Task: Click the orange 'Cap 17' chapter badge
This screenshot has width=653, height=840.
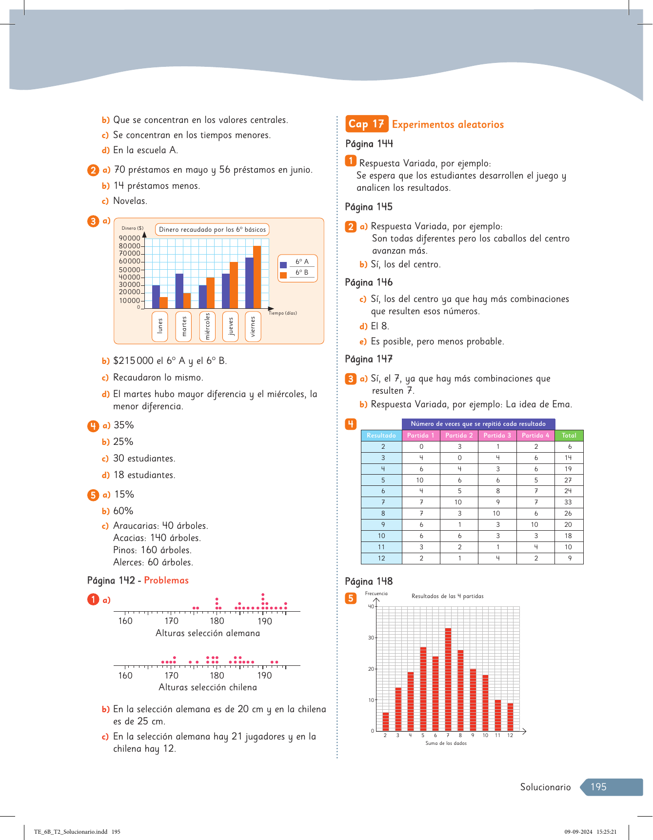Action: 366,124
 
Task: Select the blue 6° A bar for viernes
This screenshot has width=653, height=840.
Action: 249,283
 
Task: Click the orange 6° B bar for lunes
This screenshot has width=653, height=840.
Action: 164,302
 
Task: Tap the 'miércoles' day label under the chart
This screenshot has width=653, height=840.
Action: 207,326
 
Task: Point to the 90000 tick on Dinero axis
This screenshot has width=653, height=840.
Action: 130,238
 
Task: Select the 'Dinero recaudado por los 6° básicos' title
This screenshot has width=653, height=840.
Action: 212,229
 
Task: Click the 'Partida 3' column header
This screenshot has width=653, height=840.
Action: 497,435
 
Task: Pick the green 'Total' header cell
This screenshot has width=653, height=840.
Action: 569,435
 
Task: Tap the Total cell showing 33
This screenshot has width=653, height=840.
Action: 568,502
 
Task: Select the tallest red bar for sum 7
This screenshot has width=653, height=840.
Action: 448,679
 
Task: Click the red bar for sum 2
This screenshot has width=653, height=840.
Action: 386,721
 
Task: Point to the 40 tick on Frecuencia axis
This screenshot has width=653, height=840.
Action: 371,606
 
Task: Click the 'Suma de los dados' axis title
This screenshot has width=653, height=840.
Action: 446,743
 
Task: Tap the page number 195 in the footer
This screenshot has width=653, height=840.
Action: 598,787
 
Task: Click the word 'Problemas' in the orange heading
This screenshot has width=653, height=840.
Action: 166,580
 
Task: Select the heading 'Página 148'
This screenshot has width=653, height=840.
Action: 369,581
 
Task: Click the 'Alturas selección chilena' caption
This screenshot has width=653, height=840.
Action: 208,687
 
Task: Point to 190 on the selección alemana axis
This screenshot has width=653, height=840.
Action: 265,621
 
